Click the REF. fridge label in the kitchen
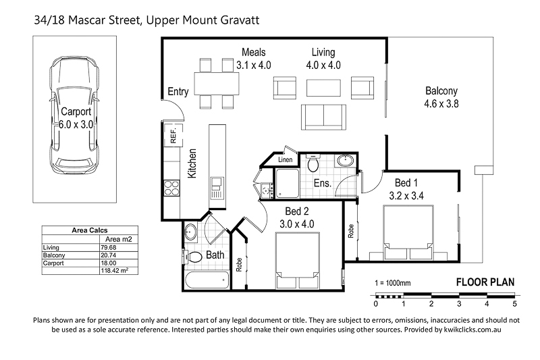pyautogui.click(x=173, y=135)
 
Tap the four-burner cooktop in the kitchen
pyautogui.click(x=172, y=188)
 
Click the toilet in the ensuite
pyautogui.click(x=313, y=163)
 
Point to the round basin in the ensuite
pyautogui.click(x=344, y=161)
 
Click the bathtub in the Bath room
pyautogui.click(x=207, y=280)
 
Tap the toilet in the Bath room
pyautogui.click(x=194, y=257)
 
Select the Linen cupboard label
pyautogui.click(x=285, y=159)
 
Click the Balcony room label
pyautogui.click(x=441, y=91)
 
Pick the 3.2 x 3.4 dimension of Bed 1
pyautogui.click(x=406, y=196)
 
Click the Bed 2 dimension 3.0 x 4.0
pyautogui.click(x=297, y=224)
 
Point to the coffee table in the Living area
pyautogui.click(x=323, y=88)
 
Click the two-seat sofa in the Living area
pyautogui.click(x=323, y=117)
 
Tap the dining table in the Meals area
pyautogui.click(x=217, y=83)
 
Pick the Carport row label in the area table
pyautogui.click(x=53, y=263)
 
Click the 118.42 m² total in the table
pyautogui.click(x=115, y=271)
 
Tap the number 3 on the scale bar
pyautogui.click(x=459, y=304)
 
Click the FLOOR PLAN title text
pyautogui.click(x=485, y=282)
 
